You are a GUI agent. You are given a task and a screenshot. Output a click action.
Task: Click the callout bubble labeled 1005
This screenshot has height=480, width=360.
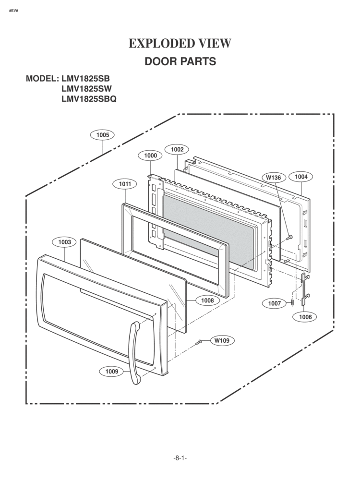pyautogui.click(x=103, y=135)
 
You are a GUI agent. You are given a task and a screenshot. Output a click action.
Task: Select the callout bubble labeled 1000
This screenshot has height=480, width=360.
pyautogui.click(x=150, y=156)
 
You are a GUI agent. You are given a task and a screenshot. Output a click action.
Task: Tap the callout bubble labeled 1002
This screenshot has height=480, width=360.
pyautogui.click(x=177, y=149)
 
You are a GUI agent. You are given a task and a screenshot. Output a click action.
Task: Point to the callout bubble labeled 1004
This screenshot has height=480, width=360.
pyautogui.click(x=301, y=177)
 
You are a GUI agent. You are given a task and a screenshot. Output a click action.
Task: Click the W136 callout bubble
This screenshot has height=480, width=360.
pyautogui.click(x=274, y=178)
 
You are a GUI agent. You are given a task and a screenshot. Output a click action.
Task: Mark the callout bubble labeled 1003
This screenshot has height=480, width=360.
pyautogui.click(x=65, y=242)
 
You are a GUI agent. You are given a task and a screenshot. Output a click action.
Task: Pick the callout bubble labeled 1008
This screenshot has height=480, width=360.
pyautogui.click(x=207, y=300)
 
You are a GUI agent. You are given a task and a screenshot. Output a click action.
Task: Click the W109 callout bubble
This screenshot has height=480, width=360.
pyautogui.click(x=222, y=340)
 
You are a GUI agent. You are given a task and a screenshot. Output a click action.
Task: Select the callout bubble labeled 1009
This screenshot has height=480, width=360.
pyautogui.click(x=112, y=371)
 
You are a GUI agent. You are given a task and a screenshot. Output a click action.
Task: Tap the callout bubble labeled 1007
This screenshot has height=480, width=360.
pyautogui.click(x=275, y=303)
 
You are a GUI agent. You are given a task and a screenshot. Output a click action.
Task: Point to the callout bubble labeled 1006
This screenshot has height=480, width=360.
pyautogui.click(x=305, y=317)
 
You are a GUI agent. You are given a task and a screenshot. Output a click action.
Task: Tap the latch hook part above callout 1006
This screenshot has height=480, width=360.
pyautogui.click(x=305, y=289)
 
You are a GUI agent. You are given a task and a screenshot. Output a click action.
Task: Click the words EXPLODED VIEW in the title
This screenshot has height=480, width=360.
pyautogui.click(x=180, y=44)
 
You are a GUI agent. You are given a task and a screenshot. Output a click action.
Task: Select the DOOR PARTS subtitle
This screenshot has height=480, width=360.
pyautogui.click(x=180, y=62)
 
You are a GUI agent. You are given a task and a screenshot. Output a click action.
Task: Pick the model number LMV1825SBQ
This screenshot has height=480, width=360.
pyautogui.click(x=89, y=99)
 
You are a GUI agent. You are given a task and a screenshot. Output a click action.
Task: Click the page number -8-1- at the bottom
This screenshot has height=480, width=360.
pyautogui.click(x=180, y=458)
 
